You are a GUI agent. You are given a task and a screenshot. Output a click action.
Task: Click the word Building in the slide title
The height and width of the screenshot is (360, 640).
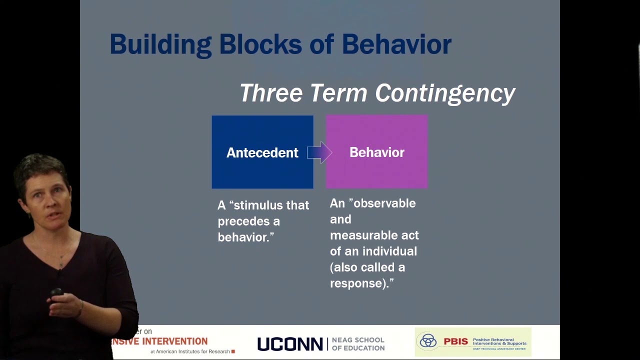160,45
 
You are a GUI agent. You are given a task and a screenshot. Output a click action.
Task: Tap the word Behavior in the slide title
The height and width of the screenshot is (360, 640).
396,44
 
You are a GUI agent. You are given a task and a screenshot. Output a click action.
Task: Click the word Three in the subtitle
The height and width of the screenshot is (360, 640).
270,93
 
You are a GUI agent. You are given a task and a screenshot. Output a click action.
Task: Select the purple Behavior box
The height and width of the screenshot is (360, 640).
376,172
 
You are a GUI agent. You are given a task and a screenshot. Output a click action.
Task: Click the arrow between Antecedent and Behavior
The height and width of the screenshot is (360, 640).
319,152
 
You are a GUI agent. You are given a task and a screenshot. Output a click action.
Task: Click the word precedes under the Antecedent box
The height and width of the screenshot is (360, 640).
248,221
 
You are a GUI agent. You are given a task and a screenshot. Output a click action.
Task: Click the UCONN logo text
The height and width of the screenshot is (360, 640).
290,344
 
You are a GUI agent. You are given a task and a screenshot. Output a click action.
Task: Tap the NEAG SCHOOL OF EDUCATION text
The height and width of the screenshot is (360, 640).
358,344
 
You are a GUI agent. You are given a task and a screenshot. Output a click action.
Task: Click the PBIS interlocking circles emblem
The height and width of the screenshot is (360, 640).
428,341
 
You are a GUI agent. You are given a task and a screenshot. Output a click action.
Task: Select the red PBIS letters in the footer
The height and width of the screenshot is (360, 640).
456,342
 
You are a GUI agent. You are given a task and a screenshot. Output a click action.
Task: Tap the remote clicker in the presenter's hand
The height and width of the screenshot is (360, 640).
56,292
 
